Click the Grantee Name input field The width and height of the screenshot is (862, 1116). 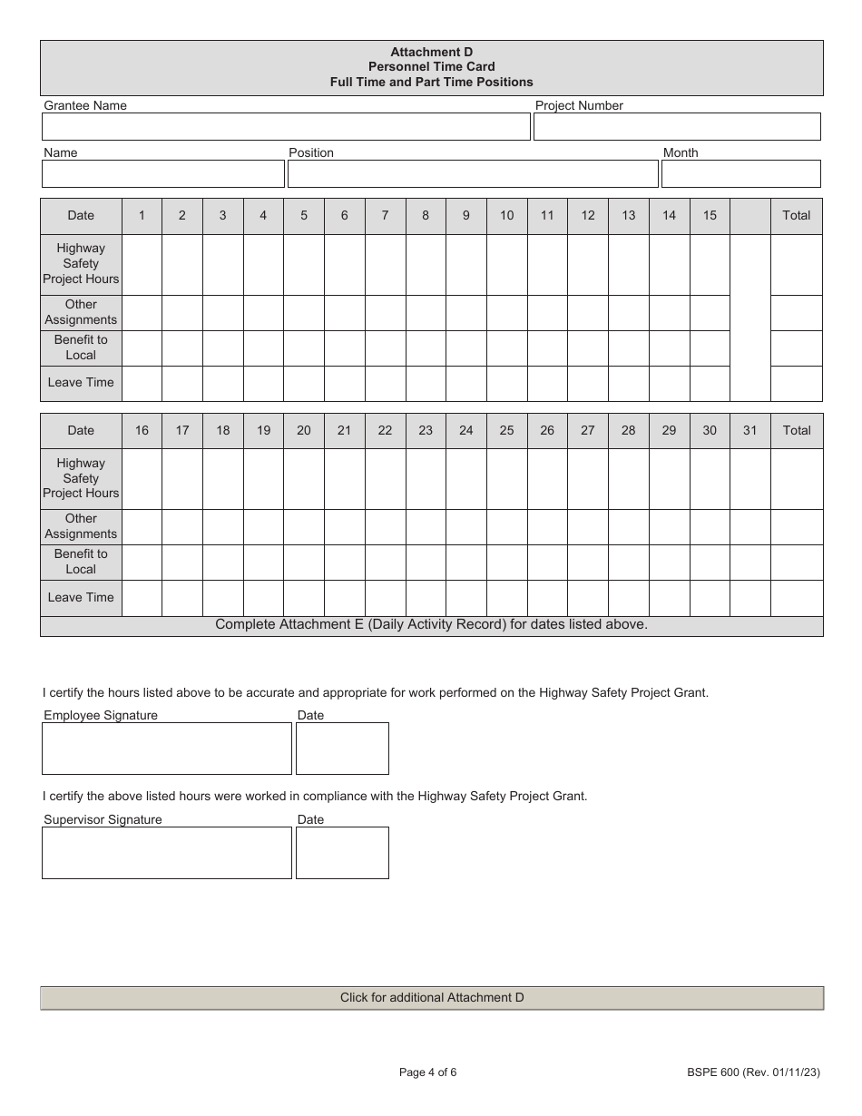[x=286, y=127]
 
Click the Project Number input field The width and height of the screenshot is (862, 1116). [x=676, y=127]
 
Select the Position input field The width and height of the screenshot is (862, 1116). [x=472, y=174]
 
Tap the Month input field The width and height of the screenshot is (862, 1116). [x=740, y=174]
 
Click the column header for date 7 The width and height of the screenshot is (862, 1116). [x=385, y=216]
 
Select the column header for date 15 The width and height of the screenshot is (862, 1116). [x=710, y=216]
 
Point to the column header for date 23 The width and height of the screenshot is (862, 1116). [x=426, y=430]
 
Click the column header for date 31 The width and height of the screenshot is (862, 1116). [x=749, y=430]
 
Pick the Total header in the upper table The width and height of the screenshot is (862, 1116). [x=796, y=216]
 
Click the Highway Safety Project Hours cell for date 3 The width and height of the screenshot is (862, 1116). [x=222, y=264]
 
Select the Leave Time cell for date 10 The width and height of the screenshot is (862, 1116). [x=506, y=383]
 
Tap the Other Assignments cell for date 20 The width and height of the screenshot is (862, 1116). [x=304, y=526]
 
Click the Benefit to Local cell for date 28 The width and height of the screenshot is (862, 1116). [x=628, y=562]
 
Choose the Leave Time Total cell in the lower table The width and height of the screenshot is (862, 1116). [x=796, y=598]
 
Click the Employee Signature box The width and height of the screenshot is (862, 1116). [x=167, y=749]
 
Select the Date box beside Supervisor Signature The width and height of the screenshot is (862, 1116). [x=342, y=853]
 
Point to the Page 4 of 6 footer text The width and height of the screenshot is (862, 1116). [x=428, y=1072]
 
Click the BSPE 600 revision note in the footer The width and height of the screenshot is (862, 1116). [x=753, y=1072]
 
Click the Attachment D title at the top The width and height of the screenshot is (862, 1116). [x=432, y=53]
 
